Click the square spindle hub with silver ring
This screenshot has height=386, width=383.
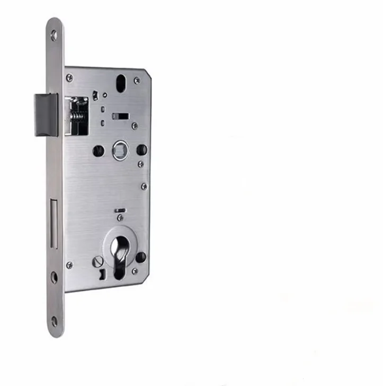click(x=120, y=150)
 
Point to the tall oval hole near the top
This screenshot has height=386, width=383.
click(x=120, y=85)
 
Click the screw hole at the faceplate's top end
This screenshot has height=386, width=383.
click(x=54, y=36)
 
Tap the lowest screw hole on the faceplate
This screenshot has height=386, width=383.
click(x=54, y=321)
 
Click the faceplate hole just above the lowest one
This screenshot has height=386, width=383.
click(x=54, y=277)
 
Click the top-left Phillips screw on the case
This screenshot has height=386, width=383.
click(x=69, y=78)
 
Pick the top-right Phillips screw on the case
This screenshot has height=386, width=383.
click(x=137, y=81)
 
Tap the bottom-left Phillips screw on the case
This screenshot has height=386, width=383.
click(x=69, y=264)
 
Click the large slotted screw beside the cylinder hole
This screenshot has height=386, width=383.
click(x=99, y=261)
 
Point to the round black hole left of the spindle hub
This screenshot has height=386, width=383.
click(x=99, y=150)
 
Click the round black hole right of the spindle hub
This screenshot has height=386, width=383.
click(x=141, y=150)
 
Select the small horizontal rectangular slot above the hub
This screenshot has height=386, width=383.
click(x=121, y=115)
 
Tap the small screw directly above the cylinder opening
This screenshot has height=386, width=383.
click(x=120, y=218)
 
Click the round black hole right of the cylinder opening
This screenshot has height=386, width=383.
click(x=140, y=258)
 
